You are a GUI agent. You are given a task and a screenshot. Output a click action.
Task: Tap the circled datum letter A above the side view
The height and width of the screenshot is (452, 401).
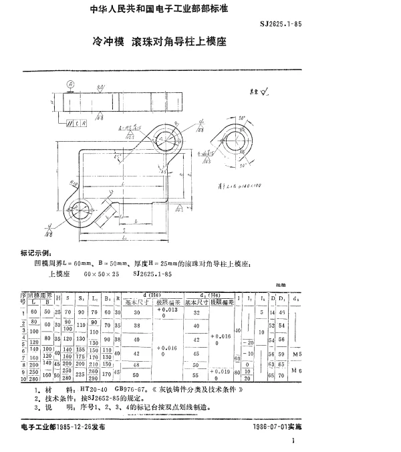pos(70,84)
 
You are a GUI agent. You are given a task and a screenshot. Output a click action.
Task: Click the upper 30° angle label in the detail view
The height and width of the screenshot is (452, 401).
pos(242,118)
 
